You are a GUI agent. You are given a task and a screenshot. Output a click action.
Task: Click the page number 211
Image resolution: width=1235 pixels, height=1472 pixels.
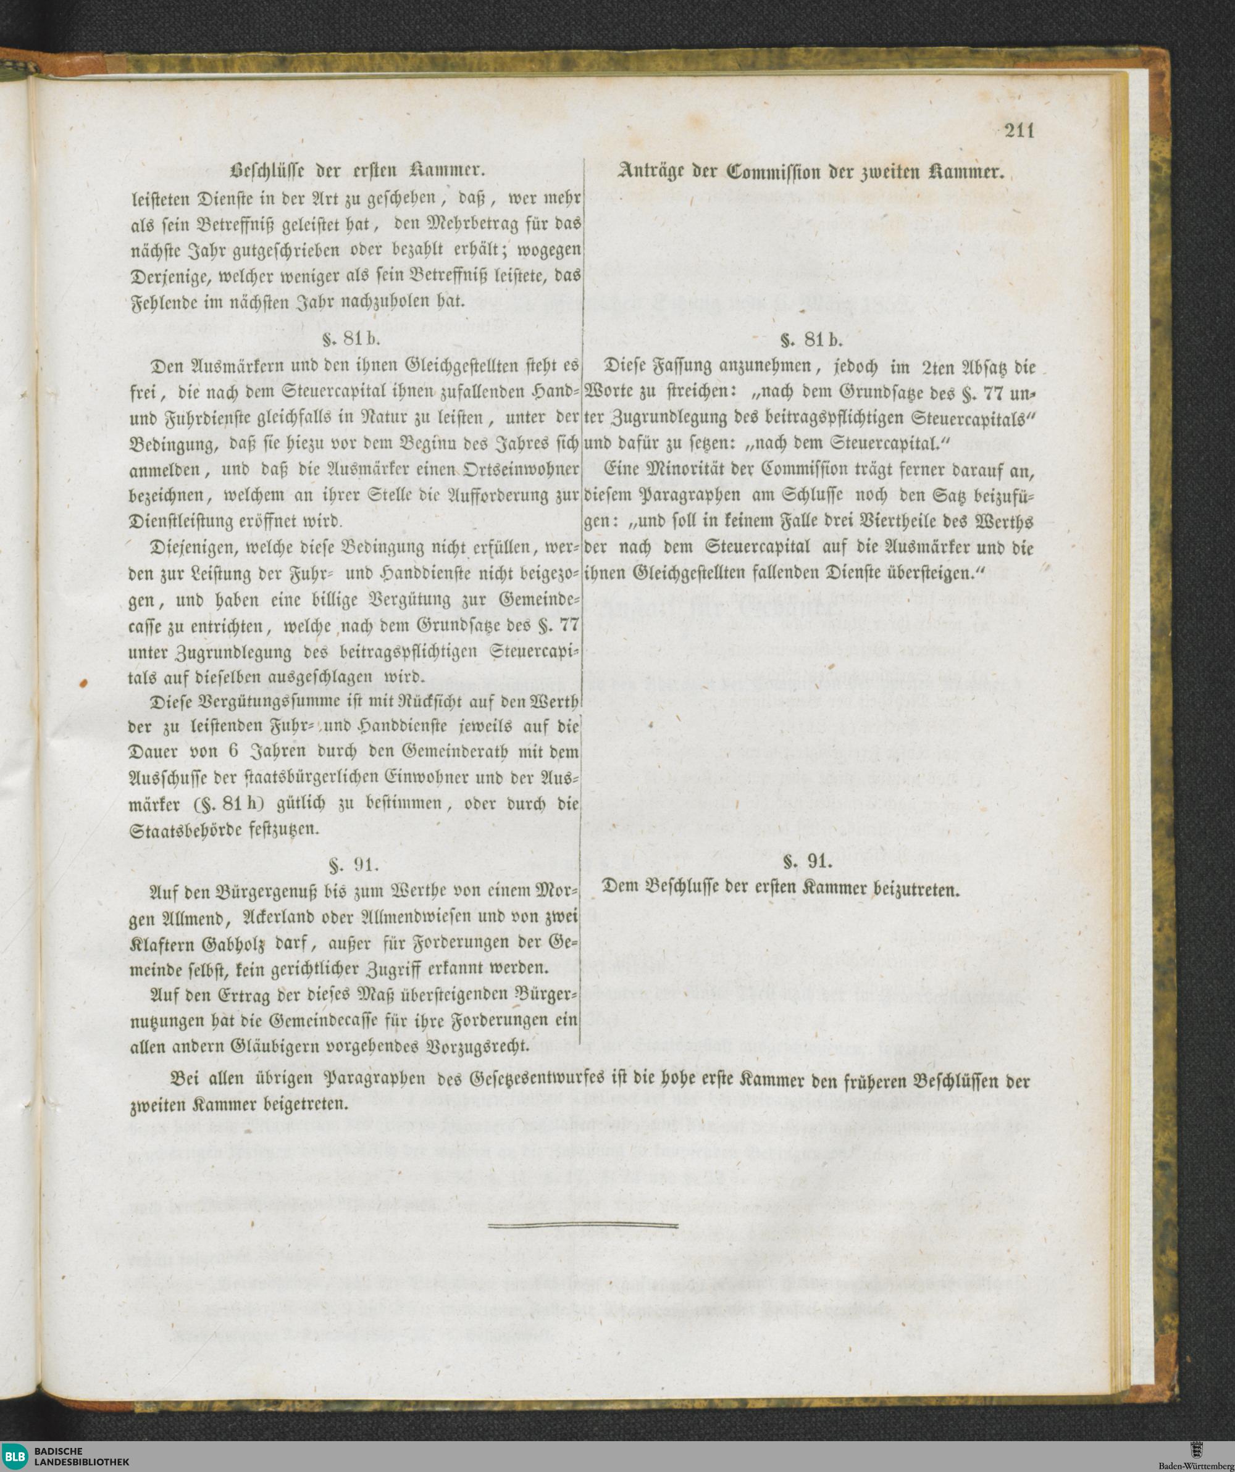pyautogui.click(x=1019, y=132)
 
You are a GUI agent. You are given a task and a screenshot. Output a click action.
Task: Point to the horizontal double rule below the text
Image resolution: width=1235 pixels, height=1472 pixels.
pyautogui.click(x=582, y=1225)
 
